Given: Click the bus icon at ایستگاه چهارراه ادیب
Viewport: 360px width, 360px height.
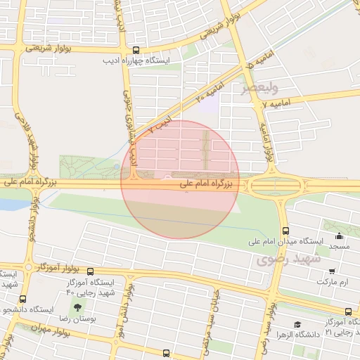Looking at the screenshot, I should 136,50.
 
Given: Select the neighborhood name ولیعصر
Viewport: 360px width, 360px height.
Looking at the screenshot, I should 260,89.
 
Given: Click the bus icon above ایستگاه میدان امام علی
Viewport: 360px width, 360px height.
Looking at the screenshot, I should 285,231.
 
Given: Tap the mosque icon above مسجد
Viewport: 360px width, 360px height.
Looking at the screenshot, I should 339,236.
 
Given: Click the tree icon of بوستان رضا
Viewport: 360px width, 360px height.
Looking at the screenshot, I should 77,308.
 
